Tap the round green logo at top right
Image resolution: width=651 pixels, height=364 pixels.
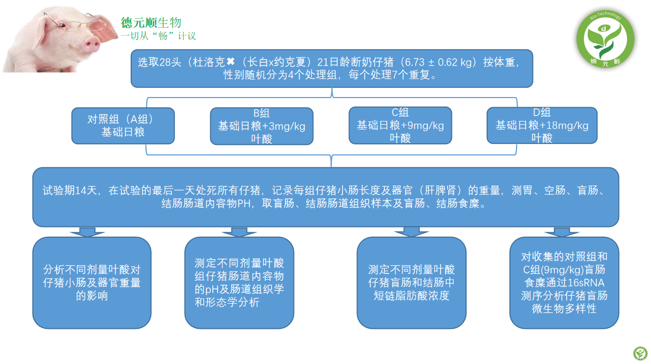point(605,39)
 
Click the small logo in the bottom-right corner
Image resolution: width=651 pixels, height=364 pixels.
point(640,353)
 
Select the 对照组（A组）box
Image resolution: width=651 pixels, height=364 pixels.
point(123,126)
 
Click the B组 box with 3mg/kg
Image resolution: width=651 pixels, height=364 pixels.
point(261,126)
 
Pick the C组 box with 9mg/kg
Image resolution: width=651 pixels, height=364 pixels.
point(400,125)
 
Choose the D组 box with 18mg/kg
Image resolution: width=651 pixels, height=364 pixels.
point(542,125)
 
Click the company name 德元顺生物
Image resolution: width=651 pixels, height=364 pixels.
point(151,22)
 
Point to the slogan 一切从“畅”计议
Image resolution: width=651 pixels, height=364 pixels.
point(158,36)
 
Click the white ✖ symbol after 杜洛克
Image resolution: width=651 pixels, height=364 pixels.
point(231,61)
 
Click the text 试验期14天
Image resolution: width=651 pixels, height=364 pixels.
point(69,190)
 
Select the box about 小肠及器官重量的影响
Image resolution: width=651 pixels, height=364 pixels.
point(92,282)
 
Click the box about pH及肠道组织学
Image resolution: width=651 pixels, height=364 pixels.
point(239,282)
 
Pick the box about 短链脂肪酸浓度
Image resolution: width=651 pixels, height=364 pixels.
point(411,282)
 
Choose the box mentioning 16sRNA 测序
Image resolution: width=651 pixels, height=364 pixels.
point(564,282)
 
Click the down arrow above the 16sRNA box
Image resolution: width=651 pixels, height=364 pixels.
point(562,232)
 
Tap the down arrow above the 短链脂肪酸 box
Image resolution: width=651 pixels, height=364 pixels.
point(411,232)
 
